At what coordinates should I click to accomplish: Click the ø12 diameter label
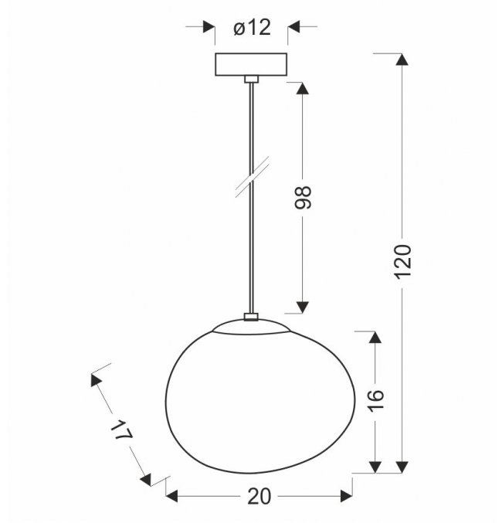click(252, 28)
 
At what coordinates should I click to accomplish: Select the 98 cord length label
click(303, 198)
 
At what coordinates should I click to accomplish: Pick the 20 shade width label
click(259, 497)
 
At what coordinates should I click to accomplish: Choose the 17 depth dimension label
click(122, 430)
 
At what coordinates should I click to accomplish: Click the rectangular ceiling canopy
click(251, 64)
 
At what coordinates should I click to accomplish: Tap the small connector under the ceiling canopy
click(251, 79)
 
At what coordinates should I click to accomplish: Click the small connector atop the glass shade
click(251, 317)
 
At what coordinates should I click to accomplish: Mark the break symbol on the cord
click(253, 177)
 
